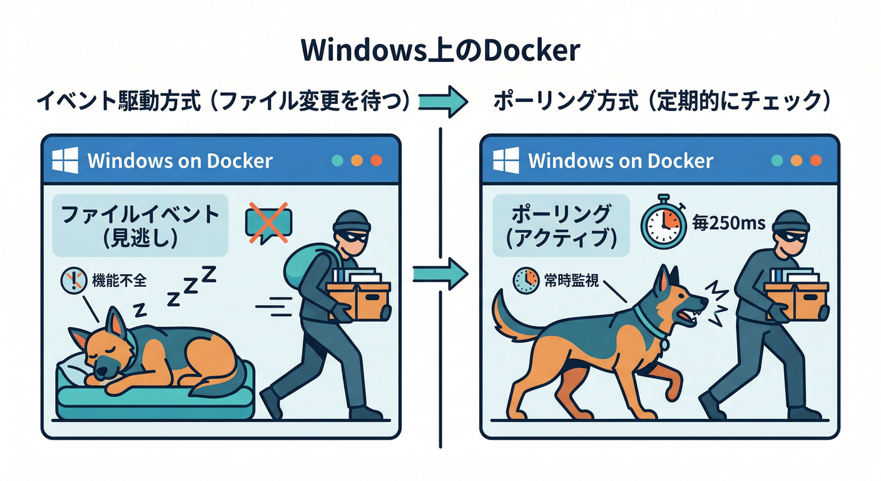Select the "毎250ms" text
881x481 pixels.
[728, 222]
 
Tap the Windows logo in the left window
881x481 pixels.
[65, 160]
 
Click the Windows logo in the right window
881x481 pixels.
[506, 160]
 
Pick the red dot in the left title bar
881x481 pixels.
[376, 160]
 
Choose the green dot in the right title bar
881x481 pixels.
[777, 160]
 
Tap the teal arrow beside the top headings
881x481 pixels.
[443, 101]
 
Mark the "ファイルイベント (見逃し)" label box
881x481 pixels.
[140, 227]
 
